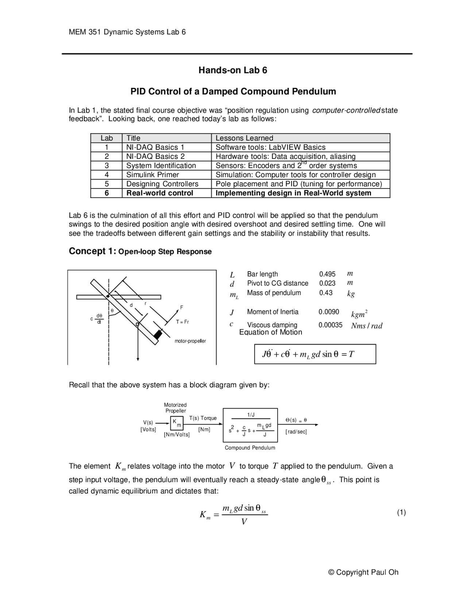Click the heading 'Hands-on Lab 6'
pyautogui.click(x=233, y=70)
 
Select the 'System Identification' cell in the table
pyautogui.click(x=161, y=166)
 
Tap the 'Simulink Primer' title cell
pyautogui.click(x=153, y=175)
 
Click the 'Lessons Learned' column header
pyautogui.click(x=244, y=138)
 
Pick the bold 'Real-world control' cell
pyautogui.click(x=159, y=193)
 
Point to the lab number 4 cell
pyautogui.click(x=107, y=175)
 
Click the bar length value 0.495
pyautogui.click(x=327, y=274)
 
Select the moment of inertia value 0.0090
pyautogui.click(x=328, y=312)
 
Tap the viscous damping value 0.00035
pyautogui.click(x=330, y=325)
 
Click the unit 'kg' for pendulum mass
pyautogui.click(x=351, y=294)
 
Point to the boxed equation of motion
pyautogui.click(x=315, y=354)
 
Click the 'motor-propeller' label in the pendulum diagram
pyautogui.click(x=190, y=341)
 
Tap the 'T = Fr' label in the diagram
pyautogui.click(x=182, y=322)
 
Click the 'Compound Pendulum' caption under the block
pyautogui.click(x=250, y=448)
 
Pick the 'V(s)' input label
pyautogui.click(x=148, y=422)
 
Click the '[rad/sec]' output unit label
pyautogui.click(x=296, y=432)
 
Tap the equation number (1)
pyautogui.click(x=401, y=512)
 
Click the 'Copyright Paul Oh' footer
pyautogui.click(x=363, y=572)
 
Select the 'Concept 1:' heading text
pyautogui.click(x=92, y=251)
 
